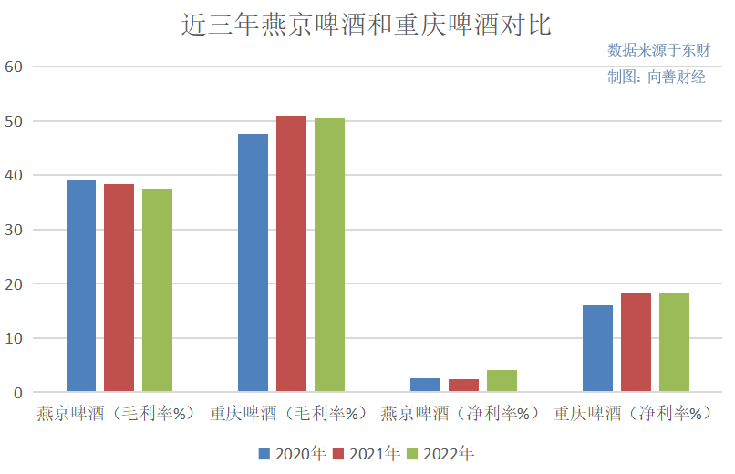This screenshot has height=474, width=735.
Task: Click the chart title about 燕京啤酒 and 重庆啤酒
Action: (x=367, y=25)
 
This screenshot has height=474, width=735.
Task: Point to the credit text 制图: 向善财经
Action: (x=656, y=77)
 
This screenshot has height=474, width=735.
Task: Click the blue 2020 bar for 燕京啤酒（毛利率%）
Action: (x=81, y=286)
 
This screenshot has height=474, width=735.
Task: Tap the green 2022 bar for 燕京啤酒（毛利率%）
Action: (x=157, y=291)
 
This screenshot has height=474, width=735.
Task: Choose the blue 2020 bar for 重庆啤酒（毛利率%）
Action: (x=253, y=263)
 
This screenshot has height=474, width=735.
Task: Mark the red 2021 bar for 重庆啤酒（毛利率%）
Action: (x=291, y=254)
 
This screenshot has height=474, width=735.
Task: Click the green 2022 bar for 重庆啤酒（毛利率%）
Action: (x=329, y=255)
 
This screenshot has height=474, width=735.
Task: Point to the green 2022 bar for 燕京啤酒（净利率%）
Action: (x=502, y=381)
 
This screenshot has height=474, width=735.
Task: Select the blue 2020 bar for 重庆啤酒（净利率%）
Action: (x=597, y=349)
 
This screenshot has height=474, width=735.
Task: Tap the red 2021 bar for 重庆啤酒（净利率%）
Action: (x=636, y=343)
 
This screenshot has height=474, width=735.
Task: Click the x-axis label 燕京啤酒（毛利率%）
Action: (x=117, y=414)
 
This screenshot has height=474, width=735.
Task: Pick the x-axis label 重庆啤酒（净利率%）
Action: (x=633, y=414)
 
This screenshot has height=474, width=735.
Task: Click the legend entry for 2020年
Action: (x=292, y=453)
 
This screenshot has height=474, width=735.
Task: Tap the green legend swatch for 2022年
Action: (x=412, y=453)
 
